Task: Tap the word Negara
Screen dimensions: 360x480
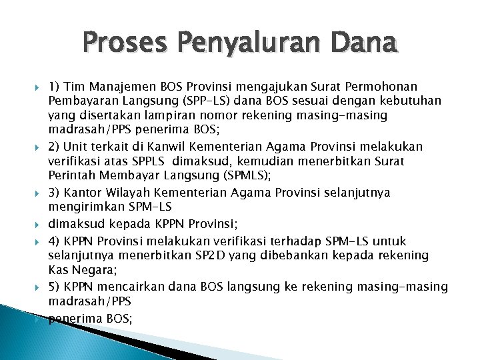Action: tap(97, 271)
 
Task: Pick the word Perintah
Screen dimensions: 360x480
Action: tap(70, 176)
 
